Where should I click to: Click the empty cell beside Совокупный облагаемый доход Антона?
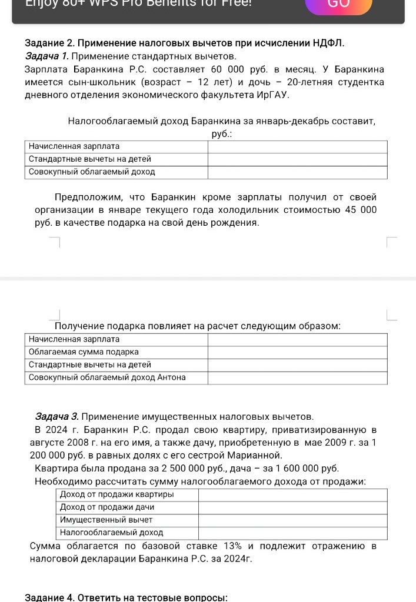(297, 377)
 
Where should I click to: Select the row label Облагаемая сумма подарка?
(84, 352)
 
